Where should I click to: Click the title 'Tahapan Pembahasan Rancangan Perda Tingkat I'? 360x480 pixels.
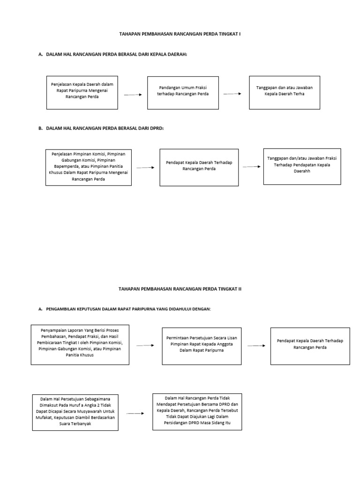[180, 34]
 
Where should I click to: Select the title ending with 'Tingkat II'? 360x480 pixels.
[180, 289]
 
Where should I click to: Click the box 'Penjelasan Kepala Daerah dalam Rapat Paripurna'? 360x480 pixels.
[82, 92]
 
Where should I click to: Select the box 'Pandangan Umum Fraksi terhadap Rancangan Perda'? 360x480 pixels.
[183, 92]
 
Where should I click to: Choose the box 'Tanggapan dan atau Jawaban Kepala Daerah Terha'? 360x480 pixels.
[285, 92]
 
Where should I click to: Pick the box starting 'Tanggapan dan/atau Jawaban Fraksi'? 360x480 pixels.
[302, 165]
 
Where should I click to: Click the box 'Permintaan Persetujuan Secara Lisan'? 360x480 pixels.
[201, 346]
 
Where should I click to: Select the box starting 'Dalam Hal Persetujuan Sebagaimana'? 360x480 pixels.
[74, 411]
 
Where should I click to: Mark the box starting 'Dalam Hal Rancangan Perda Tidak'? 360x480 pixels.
[197, 411]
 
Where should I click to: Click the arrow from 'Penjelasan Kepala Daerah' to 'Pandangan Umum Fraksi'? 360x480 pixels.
[133, 95]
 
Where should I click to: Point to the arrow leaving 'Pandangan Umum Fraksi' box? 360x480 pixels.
[232, 94]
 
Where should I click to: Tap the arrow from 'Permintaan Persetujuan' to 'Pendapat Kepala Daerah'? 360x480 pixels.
[256, 345]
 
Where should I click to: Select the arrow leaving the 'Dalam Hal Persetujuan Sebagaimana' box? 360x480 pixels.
[135, 413]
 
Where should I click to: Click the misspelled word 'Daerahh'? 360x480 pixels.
[302, 172]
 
